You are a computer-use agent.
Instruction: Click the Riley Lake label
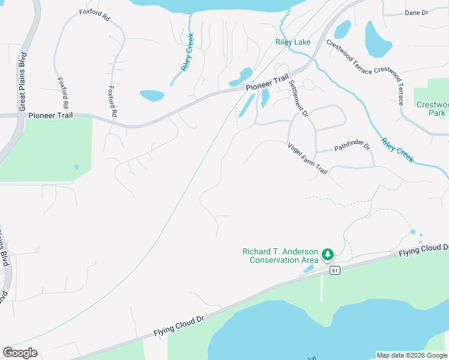(x=293, y=42)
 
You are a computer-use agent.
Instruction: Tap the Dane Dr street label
(x=416, y=13)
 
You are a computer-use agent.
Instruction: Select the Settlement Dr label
(x=298, y=98)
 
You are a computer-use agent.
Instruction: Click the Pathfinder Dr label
(x=352, y=146)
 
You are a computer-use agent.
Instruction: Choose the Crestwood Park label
(x=432, y=109)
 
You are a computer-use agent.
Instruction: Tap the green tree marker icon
(x=328, y=256)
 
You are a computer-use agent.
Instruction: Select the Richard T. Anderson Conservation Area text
(x=279, y=256)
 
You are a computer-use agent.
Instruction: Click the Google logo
(x=20, y=353)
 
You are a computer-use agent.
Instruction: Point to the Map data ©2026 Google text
(x=411, y=355)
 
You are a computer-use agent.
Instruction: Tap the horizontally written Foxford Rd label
(x=95, y=16)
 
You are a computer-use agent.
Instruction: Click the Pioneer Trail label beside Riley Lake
(x=267, y=85)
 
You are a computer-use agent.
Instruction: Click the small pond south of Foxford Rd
(x=152, y=95)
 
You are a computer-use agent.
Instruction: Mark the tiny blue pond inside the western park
(x=76, y=167)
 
